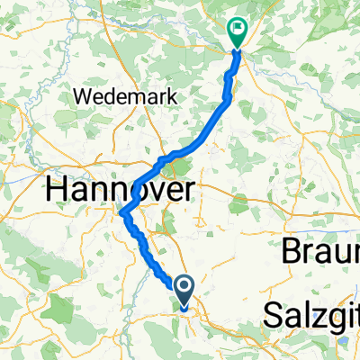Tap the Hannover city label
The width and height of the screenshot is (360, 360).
[120, 190]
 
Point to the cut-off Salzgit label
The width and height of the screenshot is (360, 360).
[310, 315]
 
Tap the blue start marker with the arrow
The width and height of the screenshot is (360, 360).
[184, 290]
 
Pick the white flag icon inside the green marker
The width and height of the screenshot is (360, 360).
[238, 29]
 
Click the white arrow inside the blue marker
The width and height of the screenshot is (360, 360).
[184, 288]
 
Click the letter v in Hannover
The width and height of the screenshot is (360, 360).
[148, 192]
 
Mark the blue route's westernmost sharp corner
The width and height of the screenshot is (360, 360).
[121, 213]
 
